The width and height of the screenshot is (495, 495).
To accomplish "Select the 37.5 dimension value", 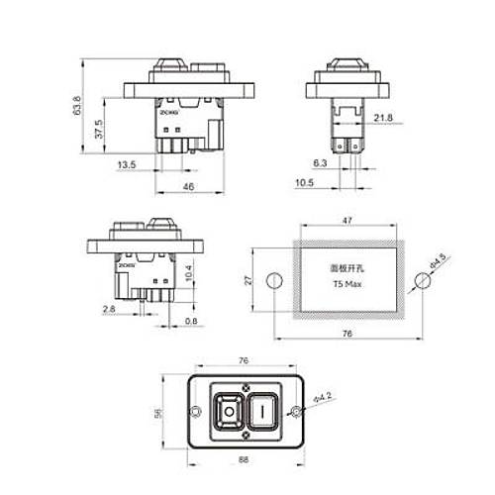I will (x=98, y=129).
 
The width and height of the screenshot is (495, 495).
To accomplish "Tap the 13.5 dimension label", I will (x=127, y=165).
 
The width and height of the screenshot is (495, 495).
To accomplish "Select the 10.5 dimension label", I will (x=304, y=183).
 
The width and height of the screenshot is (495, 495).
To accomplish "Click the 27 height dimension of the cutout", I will (x=251, y=280).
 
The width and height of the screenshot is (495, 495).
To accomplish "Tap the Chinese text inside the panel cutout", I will (x=345, y=267).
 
